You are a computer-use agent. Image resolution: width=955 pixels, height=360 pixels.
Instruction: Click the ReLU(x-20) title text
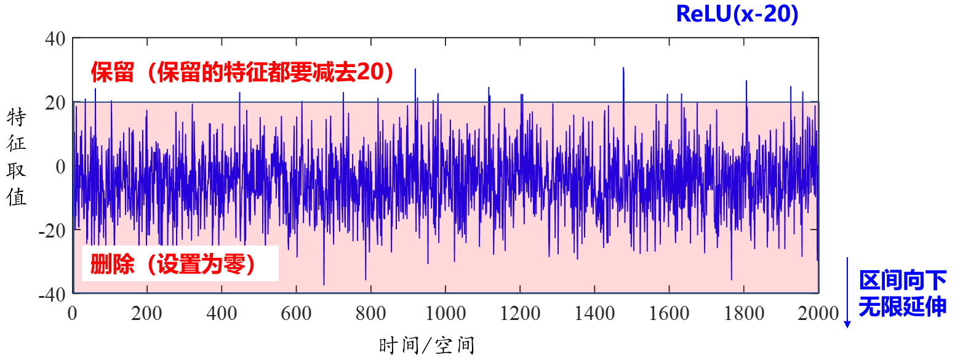pos(737,14)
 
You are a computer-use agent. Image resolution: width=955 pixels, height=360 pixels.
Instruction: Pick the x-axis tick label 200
pos(146,313)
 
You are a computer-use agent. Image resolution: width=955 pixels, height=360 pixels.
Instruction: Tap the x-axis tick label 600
pos(296,313)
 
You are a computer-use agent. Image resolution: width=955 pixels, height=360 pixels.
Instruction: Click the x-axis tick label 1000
pos(445,313)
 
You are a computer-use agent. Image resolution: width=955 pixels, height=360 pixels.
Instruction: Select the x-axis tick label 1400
pos(594,313)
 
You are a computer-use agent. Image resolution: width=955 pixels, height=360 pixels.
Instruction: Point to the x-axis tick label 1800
pos(743,313)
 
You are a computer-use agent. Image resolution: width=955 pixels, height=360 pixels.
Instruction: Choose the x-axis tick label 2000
pos(818,313)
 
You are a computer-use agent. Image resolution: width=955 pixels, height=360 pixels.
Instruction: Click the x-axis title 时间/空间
pos(427,345)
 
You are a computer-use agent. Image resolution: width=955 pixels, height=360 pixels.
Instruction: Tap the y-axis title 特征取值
pos(17,158)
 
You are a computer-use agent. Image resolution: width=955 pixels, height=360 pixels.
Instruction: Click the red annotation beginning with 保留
pos(242,73)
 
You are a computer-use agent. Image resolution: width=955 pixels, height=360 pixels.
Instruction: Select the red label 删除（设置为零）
pos(172,265)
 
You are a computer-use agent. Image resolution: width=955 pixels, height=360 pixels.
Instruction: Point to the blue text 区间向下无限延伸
pos(902,293)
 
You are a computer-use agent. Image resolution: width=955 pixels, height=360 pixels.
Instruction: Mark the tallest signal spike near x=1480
pos(623,68)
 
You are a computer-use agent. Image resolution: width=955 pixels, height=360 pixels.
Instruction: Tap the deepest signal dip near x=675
pos(324,284)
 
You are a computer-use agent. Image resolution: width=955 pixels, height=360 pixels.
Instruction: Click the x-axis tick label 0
pos(72,313)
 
